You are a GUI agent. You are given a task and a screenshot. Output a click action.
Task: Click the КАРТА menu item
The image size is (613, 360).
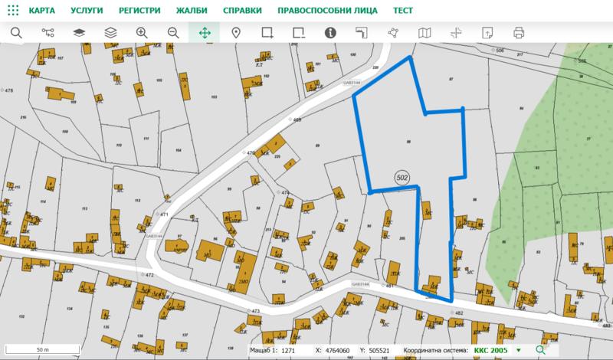tap(41, 11)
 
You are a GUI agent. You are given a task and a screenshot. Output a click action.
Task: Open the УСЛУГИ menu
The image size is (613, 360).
tap(87, 11)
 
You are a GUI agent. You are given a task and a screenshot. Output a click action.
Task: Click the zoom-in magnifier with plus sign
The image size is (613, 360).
tap(142, 33)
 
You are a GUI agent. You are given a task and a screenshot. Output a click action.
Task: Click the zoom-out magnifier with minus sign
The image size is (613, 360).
tap(173, 33)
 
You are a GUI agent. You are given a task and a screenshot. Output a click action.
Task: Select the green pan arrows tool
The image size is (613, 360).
tap(205, 33)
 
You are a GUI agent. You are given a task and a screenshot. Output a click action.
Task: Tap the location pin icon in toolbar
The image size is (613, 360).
tap(236, 33)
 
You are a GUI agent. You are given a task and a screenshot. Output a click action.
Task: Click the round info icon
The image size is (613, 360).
tap(330, 33)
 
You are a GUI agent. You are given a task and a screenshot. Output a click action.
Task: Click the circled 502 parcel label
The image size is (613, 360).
tap(402, 178)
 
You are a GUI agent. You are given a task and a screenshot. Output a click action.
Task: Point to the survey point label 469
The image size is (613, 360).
tap(297, 120)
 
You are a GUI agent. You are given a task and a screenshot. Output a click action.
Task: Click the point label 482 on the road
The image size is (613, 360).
tap(459, 313)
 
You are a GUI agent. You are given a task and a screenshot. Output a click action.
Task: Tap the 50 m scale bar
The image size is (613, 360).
tap(43, 349)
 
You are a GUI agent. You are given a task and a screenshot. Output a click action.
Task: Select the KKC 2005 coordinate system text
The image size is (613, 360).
tap(491, 350)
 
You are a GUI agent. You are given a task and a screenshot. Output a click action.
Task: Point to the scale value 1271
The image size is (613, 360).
tap(288, 350)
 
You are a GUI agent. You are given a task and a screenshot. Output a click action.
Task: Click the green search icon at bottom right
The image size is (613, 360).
tap(541, 350)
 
